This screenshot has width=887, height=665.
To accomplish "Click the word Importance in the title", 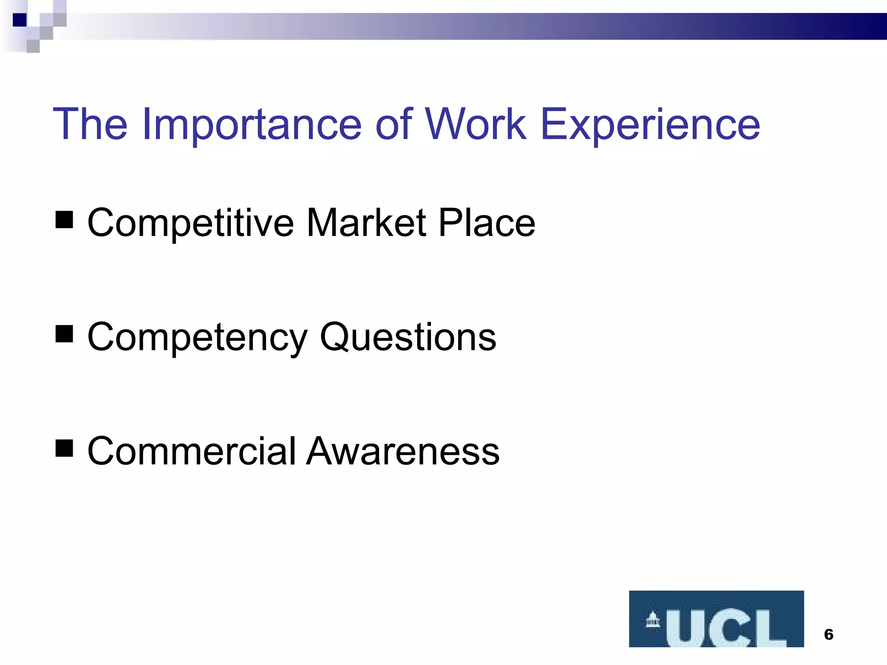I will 252,125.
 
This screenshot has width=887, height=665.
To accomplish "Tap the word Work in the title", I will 476,125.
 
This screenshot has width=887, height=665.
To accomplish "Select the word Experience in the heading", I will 650,125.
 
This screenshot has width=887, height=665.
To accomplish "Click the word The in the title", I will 90,125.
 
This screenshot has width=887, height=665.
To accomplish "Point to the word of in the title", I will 394,125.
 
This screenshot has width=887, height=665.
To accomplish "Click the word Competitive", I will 191,223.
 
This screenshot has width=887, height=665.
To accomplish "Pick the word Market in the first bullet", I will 366,223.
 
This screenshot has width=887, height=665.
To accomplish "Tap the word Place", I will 487,223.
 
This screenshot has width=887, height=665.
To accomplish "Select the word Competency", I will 197,338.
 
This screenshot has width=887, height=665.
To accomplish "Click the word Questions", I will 408,338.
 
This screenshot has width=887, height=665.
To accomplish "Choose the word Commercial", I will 191,452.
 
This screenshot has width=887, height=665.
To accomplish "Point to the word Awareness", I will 403,452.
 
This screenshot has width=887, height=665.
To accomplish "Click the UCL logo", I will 716,619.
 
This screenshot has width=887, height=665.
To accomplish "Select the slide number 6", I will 829,635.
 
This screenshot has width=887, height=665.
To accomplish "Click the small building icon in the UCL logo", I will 653,620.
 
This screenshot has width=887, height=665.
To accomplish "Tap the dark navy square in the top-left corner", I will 20,20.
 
